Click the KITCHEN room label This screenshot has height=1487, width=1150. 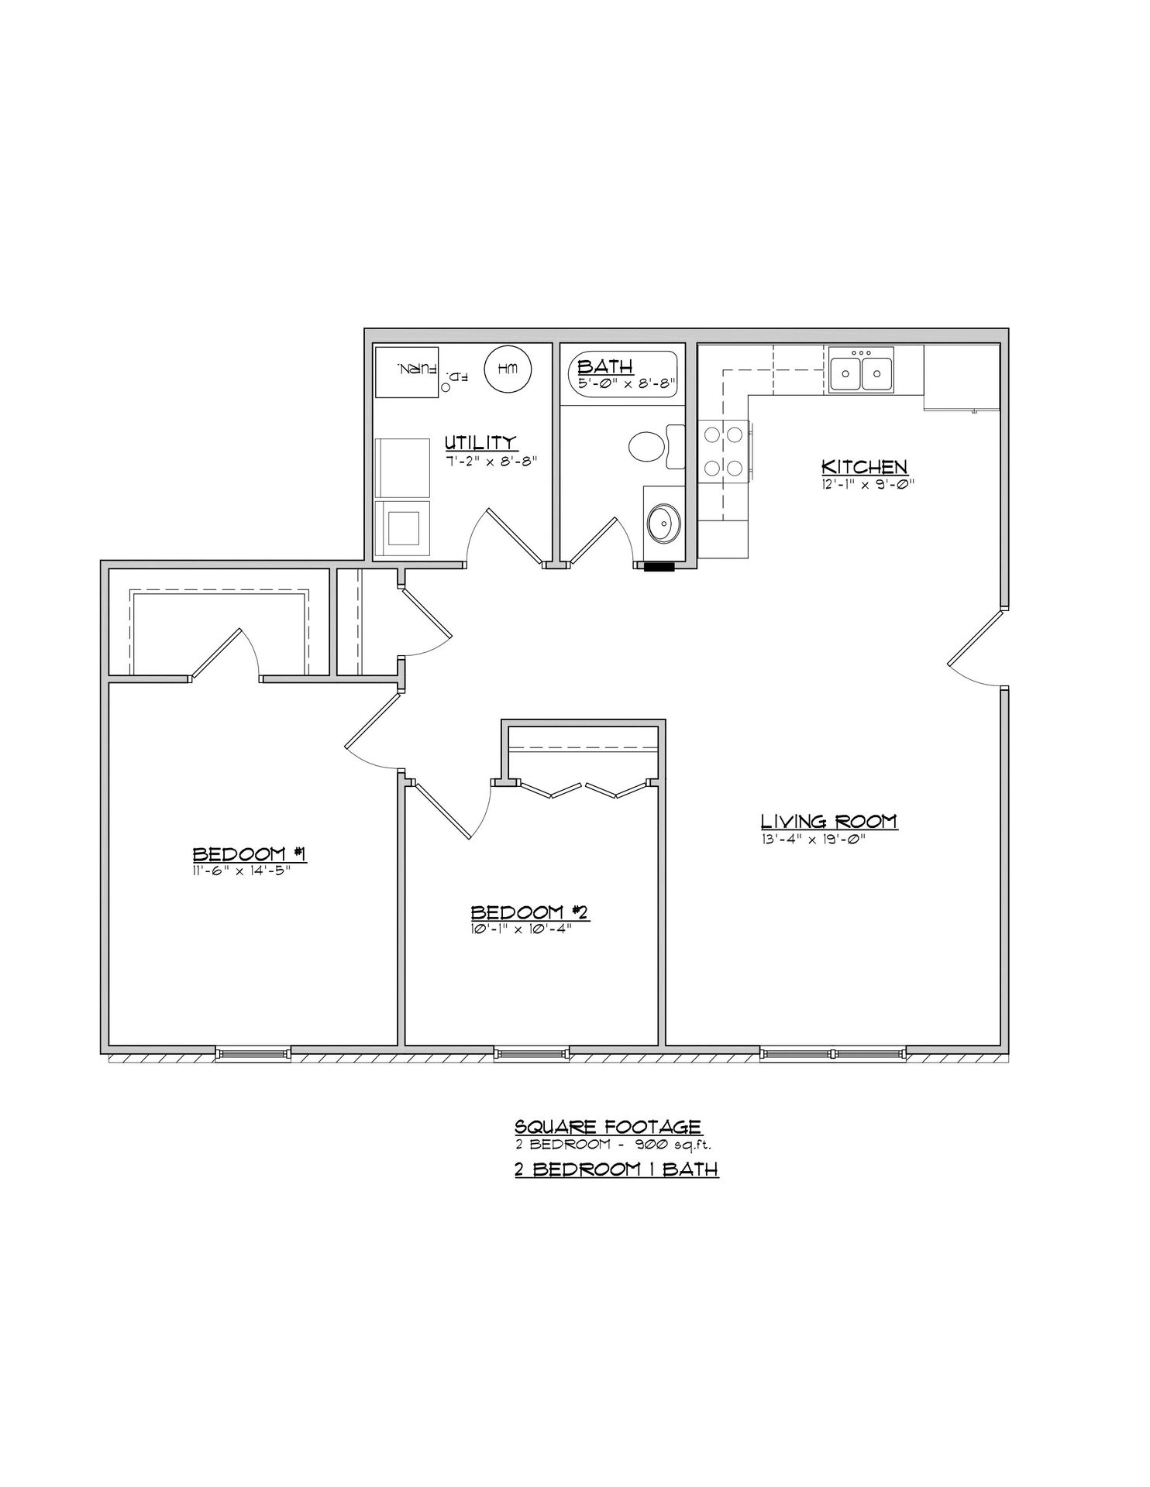tap(863, 467)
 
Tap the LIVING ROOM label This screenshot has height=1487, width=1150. tap(828, 821)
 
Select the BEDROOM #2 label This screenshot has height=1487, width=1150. tap(531, 912)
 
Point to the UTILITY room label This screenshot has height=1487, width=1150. tap(480, 442)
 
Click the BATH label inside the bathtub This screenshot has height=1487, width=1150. tap(605, 366)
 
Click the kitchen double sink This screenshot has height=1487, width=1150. tap(860, 370)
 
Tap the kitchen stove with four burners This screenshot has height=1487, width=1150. tap(722, 452)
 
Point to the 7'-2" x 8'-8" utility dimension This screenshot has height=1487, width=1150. tap(491, 459)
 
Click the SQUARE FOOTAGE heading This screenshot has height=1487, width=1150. tap(608, 1126)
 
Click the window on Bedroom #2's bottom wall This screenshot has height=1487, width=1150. tap(532, 1053)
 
